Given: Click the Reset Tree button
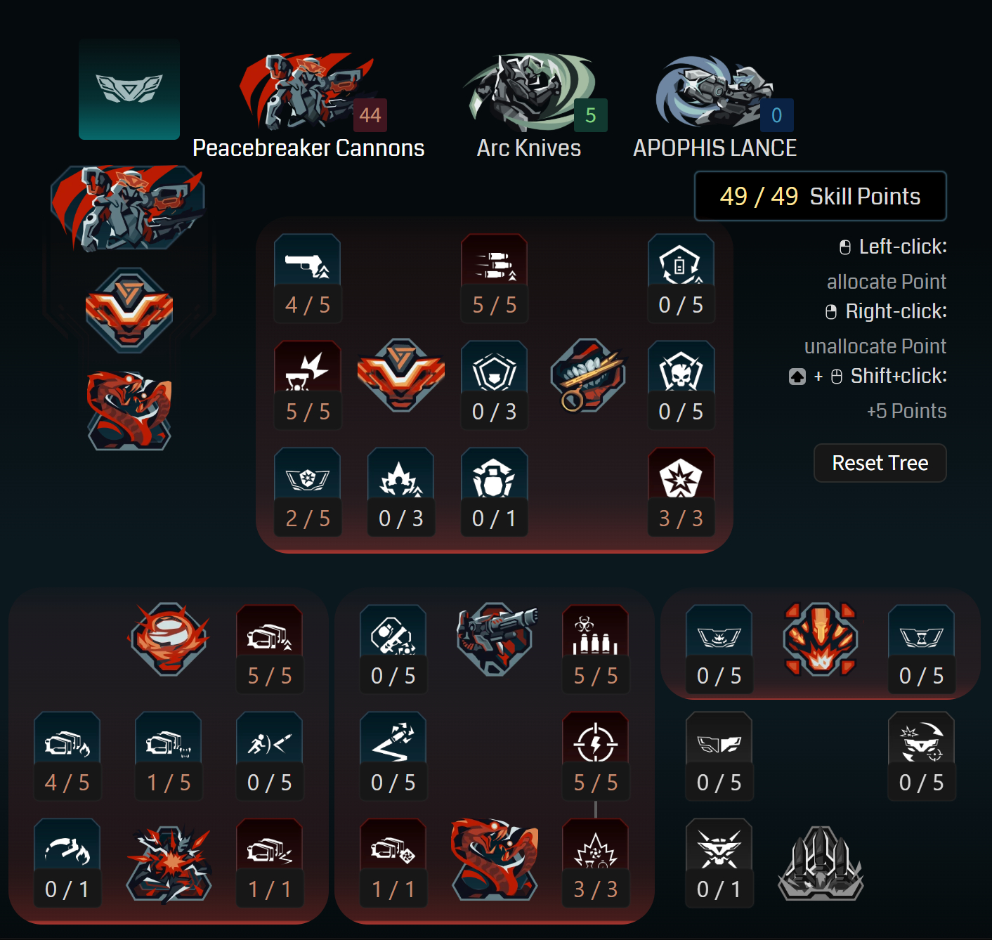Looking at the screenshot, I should (x=880, y=463).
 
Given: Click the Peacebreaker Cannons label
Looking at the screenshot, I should (x=308, y=148).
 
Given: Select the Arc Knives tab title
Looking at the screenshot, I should (x=529, y=148).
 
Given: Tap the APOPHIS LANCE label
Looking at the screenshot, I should (x=714, y=148).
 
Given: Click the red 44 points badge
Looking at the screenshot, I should (x=370, y=115).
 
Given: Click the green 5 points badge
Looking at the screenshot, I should (x=591, y=115).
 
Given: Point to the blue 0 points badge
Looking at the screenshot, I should (x=776, y=115).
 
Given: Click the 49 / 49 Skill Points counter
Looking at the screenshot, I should (x=820, y=196).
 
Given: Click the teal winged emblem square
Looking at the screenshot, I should (x=129, y=89).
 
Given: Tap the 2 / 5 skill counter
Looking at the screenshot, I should (x=308, y=518).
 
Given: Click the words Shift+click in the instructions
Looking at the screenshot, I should (x=898, y=376).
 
